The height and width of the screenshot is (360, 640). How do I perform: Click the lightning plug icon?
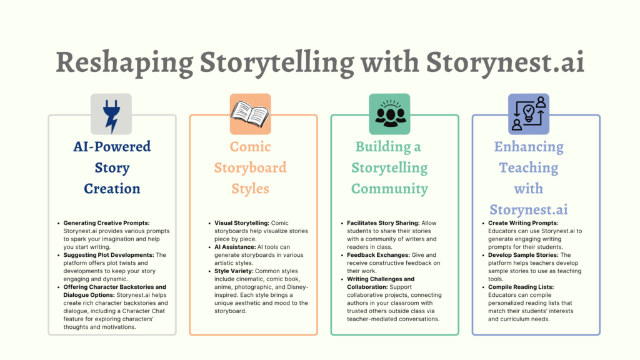tap(111, 114)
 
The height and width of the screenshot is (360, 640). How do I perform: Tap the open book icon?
tap(250, 113)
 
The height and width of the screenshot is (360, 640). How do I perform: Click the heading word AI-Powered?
tap(112, 147)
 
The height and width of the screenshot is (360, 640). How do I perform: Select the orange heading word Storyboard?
tap(250, 167)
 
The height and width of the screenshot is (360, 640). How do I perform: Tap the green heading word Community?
tap(389, 188)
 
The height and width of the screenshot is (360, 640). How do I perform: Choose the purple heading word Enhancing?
tap(528, 147)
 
